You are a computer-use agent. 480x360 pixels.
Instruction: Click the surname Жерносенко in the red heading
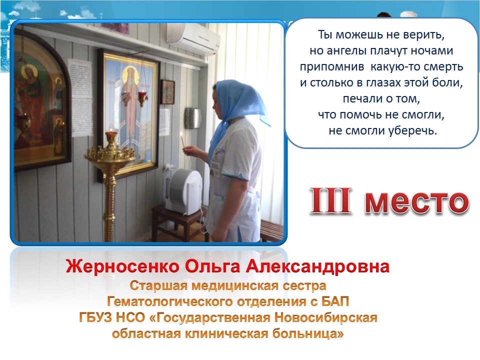tap(122, 266)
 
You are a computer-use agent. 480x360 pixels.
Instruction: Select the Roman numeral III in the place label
tap(330, 200)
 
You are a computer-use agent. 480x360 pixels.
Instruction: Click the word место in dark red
tap(416, 202)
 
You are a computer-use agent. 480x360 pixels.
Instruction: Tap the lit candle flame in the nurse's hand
tap(181, 134)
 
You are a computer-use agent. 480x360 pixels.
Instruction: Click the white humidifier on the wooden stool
tap(183, 191)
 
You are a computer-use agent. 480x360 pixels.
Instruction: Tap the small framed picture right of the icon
tap(168, 91)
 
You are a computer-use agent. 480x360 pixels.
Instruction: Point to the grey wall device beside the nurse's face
tap(192, 118)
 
